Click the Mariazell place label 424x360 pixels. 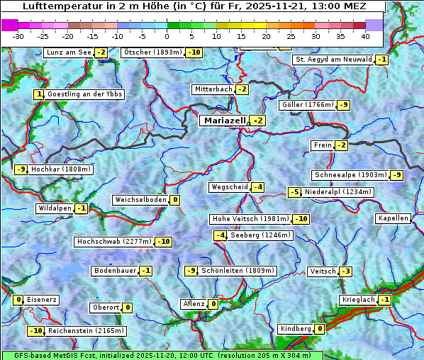224,121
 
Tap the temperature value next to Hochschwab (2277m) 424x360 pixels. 164,242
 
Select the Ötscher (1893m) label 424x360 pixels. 152,52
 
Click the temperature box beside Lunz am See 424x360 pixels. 101,52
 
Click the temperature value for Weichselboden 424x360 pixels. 174,200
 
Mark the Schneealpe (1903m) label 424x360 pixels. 351,175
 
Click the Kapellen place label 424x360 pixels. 393,218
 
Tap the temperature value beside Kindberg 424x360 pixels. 320,329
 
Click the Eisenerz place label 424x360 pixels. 42,300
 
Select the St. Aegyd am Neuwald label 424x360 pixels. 333,60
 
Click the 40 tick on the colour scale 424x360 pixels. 365,35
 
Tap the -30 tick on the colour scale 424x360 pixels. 18,35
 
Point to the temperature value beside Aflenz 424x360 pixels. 213,304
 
